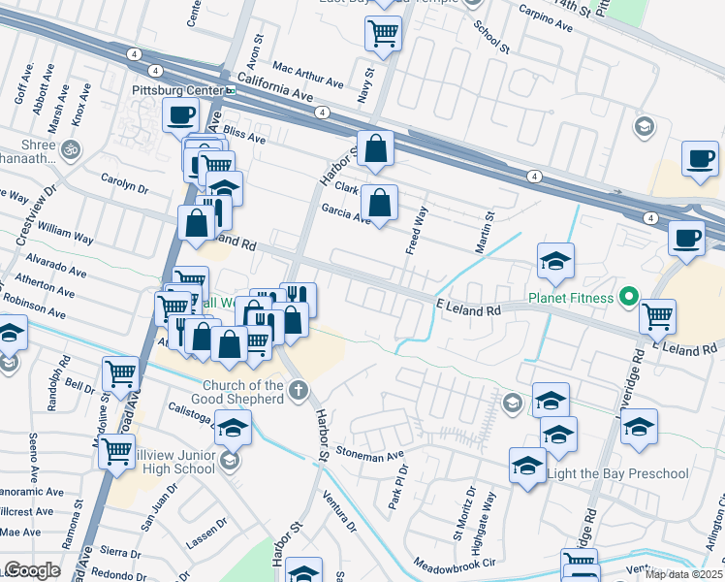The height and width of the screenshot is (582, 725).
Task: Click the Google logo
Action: pyautogui.click(x=32, y=570)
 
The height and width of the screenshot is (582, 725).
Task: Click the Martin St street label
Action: pyautogui.click(x=485, y=234)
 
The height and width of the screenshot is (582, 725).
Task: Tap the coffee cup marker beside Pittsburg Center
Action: pyautogui.click(x=180, y=115)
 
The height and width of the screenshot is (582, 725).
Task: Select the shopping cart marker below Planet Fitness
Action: pyautogui.click(x=657, y=314)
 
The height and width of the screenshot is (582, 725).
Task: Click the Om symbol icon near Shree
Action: pyautogui.click(x=70, y=150)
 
